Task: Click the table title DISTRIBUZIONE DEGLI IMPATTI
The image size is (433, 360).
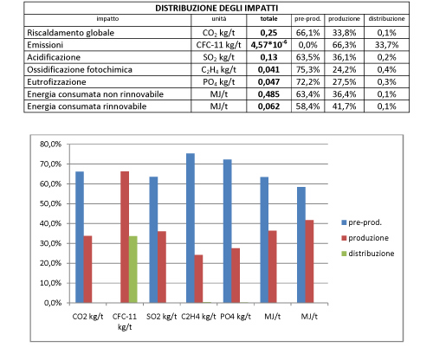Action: point(216,8)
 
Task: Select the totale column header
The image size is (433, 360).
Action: point(268,19)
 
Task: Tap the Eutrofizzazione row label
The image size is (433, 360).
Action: point(56,82)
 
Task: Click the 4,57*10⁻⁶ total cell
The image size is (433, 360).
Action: point(268,45)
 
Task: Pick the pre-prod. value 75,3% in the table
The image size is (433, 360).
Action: point(307,69)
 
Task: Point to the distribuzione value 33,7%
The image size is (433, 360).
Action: point(386,45)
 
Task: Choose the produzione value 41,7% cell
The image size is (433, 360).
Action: point(344,106)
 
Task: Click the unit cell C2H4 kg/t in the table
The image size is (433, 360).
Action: point(218,70)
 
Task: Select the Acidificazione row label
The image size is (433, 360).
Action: point(54,57)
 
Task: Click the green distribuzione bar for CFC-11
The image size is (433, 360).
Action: point(133,269)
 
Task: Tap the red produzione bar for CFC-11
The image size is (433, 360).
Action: point(125,237)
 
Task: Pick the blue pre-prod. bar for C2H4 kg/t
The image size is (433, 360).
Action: point(191,228)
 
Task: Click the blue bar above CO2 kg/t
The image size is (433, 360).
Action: point(80,237)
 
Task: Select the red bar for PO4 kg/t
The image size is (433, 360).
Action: point(236,275)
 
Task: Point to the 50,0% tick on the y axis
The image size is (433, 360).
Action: point(50,203)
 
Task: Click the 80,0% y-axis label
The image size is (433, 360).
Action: point(50,144)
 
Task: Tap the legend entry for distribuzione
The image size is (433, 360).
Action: point(368,254)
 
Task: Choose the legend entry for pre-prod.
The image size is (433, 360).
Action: point(361,222)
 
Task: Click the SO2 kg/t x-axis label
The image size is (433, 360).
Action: point(161,317)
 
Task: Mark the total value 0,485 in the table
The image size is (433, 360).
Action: point(268,94)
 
